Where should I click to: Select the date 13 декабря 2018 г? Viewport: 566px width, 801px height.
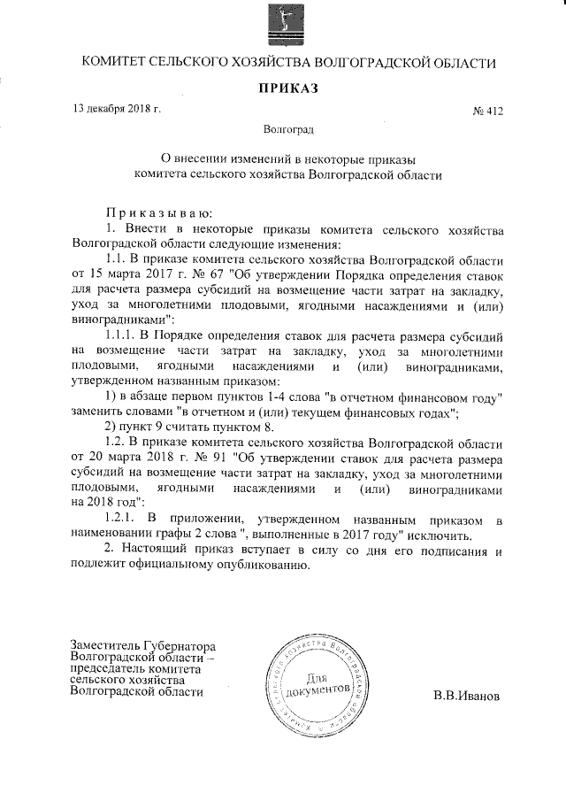pyautogui.click(x=116, y=109)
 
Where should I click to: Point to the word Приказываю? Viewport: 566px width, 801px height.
pyautogui.click(x=157, y=214)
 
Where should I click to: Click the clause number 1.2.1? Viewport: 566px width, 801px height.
pyautogui.click(x=122, y=519)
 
